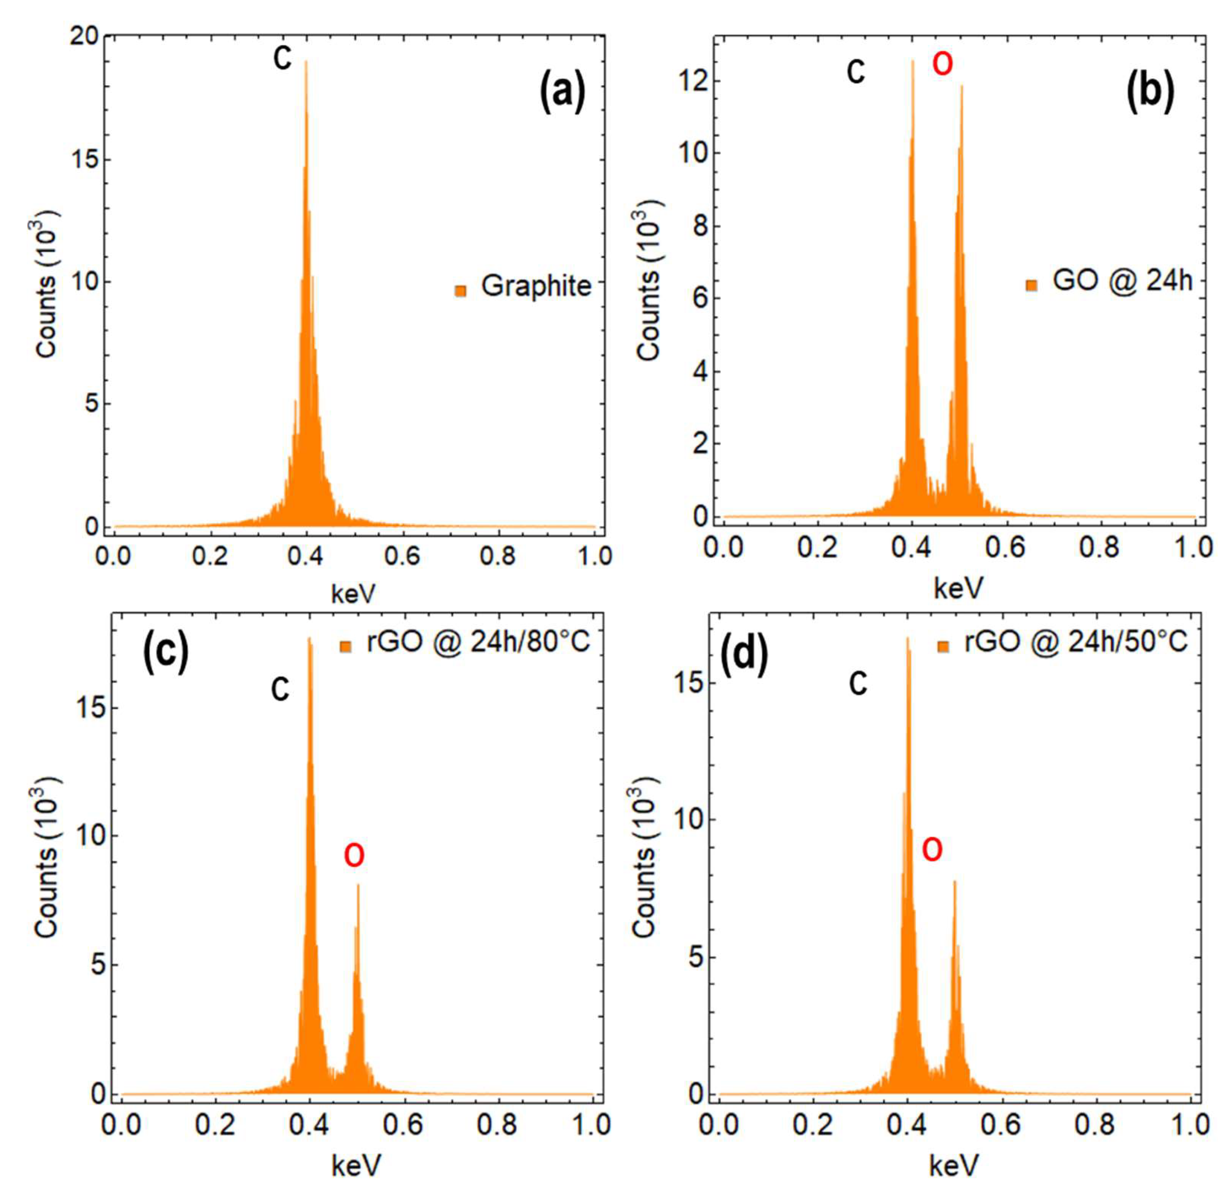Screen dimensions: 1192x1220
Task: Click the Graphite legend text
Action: [x=536, y=286]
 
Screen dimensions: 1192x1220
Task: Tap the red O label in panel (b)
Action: [x=943, y=64]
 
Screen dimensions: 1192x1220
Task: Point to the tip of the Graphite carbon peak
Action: [x=306, y=61]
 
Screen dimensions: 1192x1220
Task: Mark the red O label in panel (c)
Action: [x=354, y=855]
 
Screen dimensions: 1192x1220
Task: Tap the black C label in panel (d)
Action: [x=858, y=683]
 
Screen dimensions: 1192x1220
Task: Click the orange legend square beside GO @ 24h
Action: [x=1031, y=285]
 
